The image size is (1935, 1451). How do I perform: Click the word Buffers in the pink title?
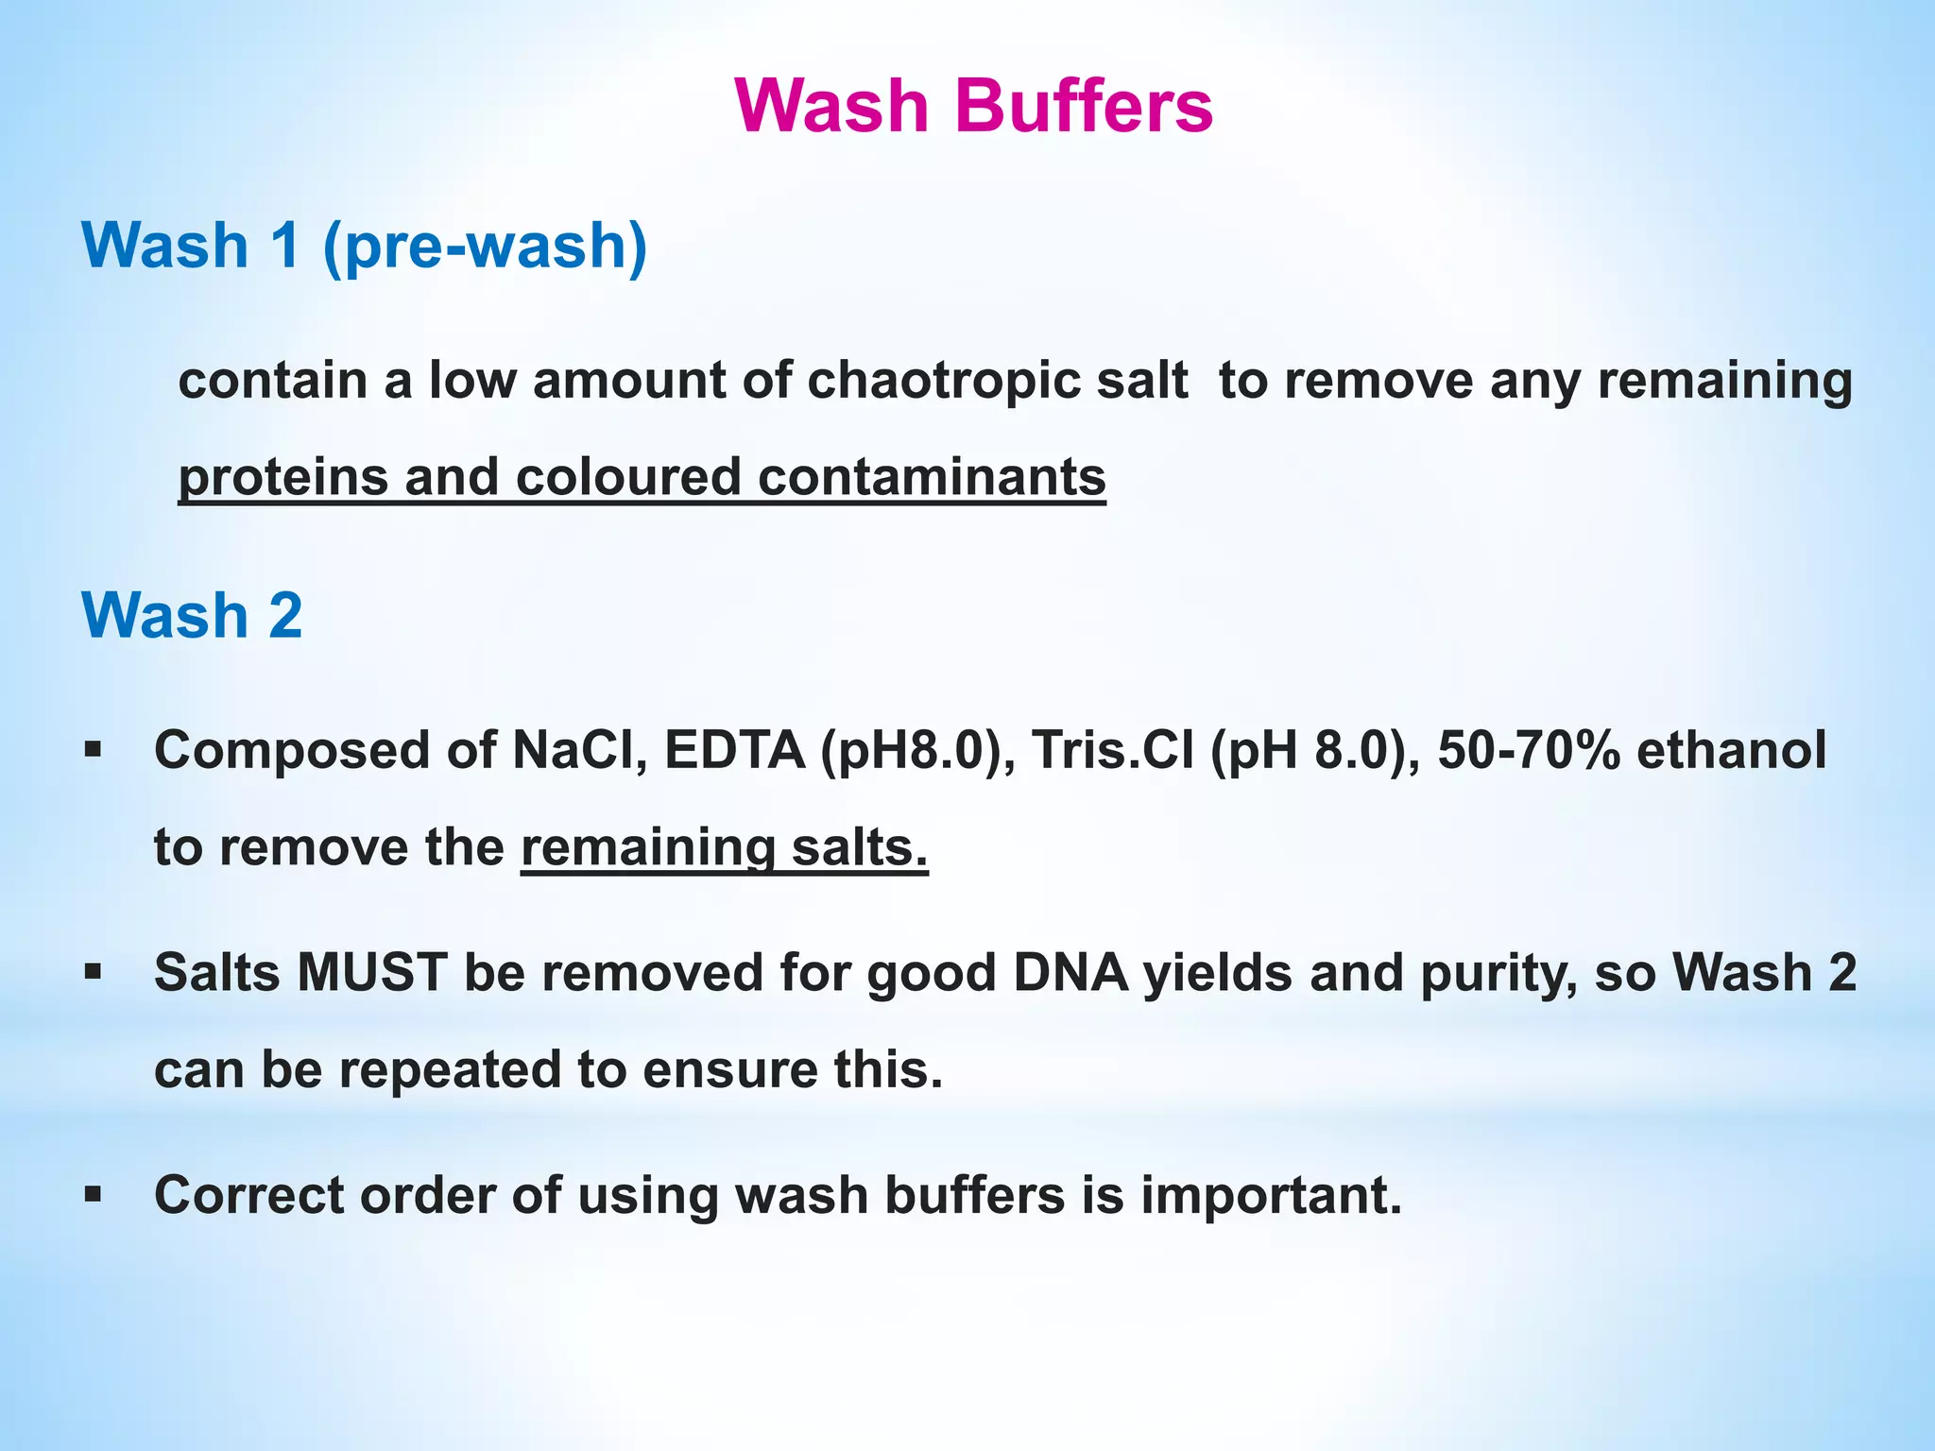click(x=1084, y=106)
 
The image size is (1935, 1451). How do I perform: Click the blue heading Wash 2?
click(x=192, y=615)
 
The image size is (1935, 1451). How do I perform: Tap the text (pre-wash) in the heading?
click(x=485, y=246)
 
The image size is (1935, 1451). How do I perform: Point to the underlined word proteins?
click(x=283, y=477)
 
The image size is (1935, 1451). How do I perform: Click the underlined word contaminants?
click(x=932, y=477)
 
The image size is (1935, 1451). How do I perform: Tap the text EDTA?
click(x=734, y=751)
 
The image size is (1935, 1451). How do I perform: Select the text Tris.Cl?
click(x=1112, y=751)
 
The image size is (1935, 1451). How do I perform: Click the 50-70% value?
click(x=1528, y=751)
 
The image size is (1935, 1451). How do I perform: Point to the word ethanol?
click(x=1731, y=751)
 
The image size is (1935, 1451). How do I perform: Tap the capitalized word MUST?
click(x=371, y=972)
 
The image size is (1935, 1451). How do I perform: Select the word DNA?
click(x=1070, y=972)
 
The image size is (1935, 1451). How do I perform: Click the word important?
click(x=1271, y=1196)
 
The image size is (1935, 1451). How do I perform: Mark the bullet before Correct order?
click(x=93, y=1195)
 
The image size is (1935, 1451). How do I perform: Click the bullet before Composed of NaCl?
click(x=93, y=751)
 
